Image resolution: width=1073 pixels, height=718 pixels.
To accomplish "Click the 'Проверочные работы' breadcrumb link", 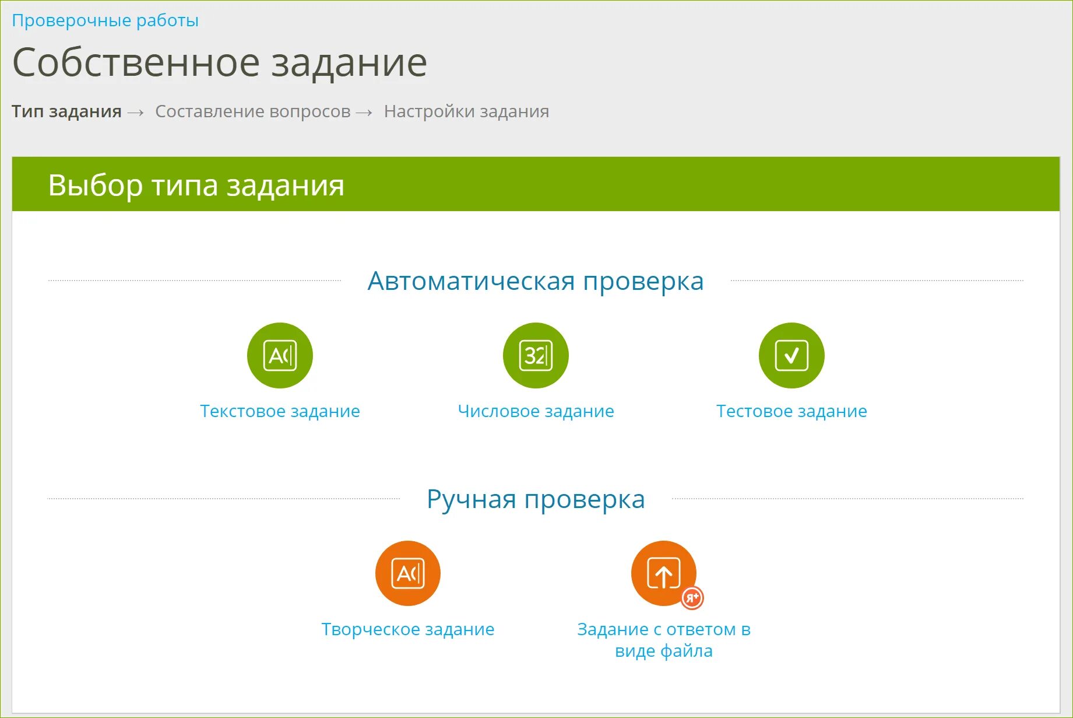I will point(105,20).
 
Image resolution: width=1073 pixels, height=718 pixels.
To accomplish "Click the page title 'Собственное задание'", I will point(220,63).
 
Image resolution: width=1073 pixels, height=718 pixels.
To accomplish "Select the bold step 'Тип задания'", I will point(66,111).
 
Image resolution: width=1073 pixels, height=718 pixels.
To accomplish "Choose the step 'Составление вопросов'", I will point(252,111).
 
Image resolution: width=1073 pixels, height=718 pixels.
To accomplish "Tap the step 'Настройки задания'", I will point(466,111).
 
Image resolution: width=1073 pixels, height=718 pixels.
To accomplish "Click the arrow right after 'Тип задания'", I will point(136,113).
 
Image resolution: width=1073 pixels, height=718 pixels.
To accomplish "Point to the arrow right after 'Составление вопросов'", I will point(364,113).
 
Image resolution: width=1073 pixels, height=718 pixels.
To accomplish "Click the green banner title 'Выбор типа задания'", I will point(196,185).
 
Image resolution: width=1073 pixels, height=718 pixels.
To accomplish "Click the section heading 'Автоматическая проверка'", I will point(536,281).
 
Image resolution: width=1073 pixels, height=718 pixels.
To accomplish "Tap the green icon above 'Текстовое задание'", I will point(280,355).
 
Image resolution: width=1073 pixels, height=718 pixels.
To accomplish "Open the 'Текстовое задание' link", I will point(280,411).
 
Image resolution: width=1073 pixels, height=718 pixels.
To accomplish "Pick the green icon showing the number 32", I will point(536,355).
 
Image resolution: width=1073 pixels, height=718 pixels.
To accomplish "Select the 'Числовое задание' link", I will point(536,411).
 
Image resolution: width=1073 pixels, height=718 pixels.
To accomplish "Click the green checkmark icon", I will point(791,355).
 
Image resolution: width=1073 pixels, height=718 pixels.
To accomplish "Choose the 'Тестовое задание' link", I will point(791,411).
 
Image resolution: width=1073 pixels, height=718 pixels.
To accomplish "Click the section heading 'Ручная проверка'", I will point(536,499).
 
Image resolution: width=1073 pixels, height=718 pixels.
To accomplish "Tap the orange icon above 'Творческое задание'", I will point(408,573).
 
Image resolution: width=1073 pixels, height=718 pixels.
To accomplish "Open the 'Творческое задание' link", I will point(408,629).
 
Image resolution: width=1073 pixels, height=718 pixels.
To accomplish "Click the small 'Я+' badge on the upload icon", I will point(692,598).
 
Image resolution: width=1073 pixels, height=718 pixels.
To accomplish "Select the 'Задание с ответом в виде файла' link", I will point(664,640).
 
